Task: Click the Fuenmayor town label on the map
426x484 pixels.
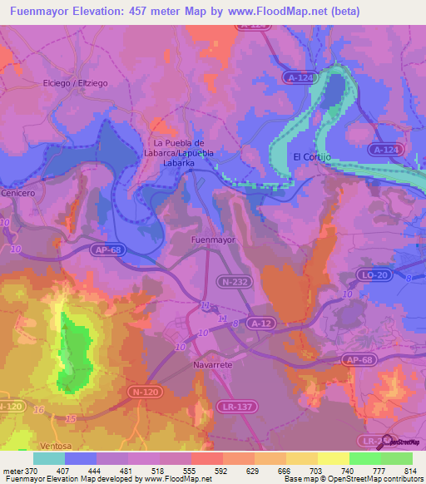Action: (214, 240)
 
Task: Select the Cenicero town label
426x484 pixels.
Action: (18, 193)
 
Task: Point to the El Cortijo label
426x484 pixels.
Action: (313, 156)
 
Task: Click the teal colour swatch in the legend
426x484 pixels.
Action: (49, 458)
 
